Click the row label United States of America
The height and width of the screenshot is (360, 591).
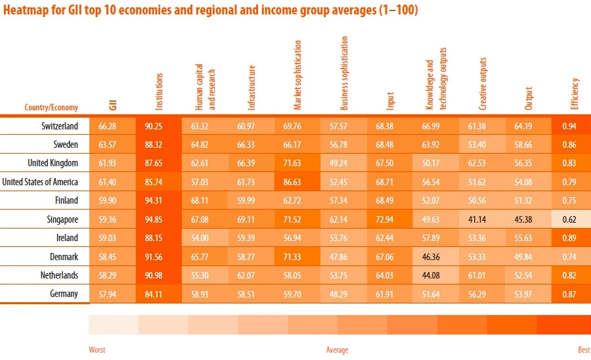point(40,182)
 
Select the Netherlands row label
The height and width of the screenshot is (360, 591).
point(60,275)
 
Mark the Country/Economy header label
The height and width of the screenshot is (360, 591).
point(51,108)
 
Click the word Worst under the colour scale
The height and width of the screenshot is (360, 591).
point(97,350)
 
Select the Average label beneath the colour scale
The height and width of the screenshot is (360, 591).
point(337,350)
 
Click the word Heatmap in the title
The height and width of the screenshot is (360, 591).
point(24,11)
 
